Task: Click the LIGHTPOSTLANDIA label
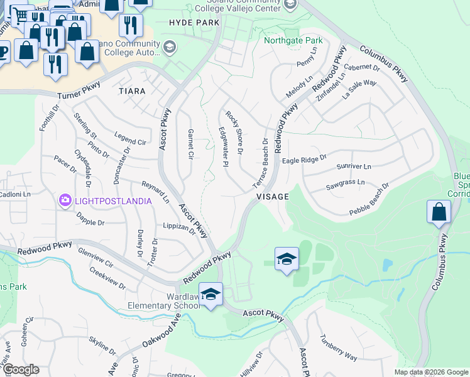pyautogui.click(x=113, y=200)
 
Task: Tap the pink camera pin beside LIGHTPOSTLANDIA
pyautogui.click(x=65, y=200)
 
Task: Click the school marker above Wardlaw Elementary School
pyautogui.click(x=210, y=294)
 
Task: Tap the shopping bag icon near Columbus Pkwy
pyautogui.click(x=439, y=212)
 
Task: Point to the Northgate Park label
pyautogui.click(x=293, y=40)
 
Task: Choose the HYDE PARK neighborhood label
pyautogui.click(x=194, y=23)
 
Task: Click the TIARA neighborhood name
pyautogui.click(x=132, y=91)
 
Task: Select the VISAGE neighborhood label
pyautogui.click(x=273, y=197)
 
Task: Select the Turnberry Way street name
pyautogui.click(x=339, y=349)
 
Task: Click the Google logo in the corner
pyautogui.click(x=21, y=369)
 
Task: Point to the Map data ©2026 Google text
pyautogui.click(x=430, y=372)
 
